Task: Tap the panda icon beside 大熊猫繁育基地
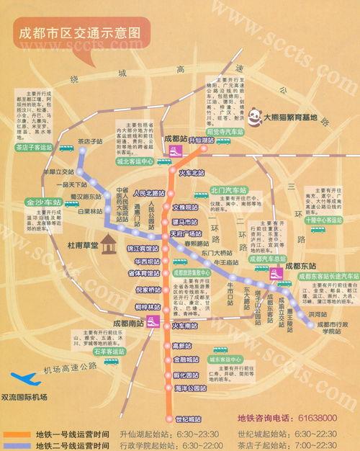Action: (x=254, y=114)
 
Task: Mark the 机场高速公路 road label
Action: (x=70, y=368)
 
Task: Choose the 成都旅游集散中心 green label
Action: (x=191, y=273)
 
